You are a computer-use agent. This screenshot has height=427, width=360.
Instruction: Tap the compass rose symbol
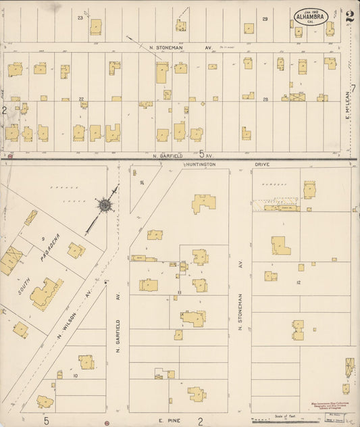[105, 203]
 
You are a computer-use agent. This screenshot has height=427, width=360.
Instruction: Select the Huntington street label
[201, 164]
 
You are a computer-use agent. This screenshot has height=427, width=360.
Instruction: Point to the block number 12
[297, 282]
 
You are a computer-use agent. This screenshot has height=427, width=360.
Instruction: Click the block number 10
[75, 375]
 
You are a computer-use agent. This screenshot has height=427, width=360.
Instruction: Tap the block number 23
[80, 18]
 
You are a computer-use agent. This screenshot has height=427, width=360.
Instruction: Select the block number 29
[265, 19]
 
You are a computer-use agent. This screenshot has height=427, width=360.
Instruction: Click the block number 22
[81, 99]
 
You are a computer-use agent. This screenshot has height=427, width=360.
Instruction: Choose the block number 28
[266, 99]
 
